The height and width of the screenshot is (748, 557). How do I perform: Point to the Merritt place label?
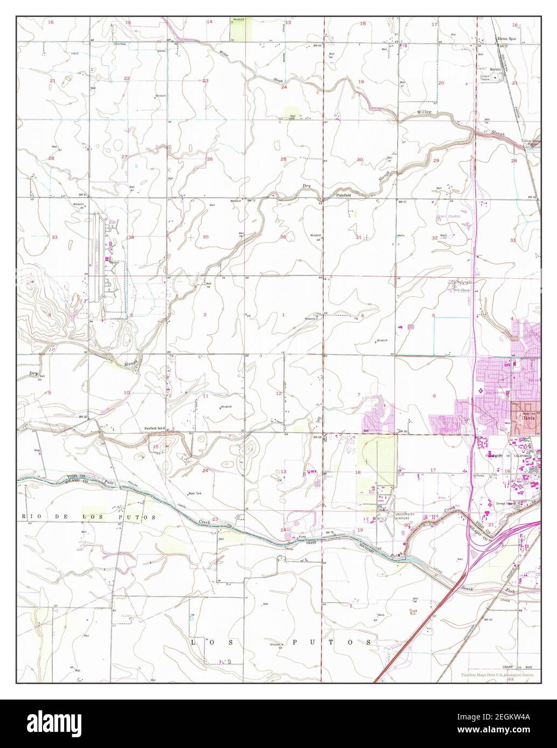coord(495,69)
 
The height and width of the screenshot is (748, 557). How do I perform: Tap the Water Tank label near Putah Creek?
coord(194,493)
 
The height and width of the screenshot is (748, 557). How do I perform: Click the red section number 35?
coord(205,237)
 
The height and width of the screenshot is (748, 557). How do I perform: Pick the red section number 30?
coord(360,159)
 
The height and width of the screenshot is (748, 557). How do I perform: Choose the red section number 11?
coord(205,396)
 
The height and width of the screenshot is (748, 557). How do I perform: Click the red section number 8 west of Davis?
coord(434,396)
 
